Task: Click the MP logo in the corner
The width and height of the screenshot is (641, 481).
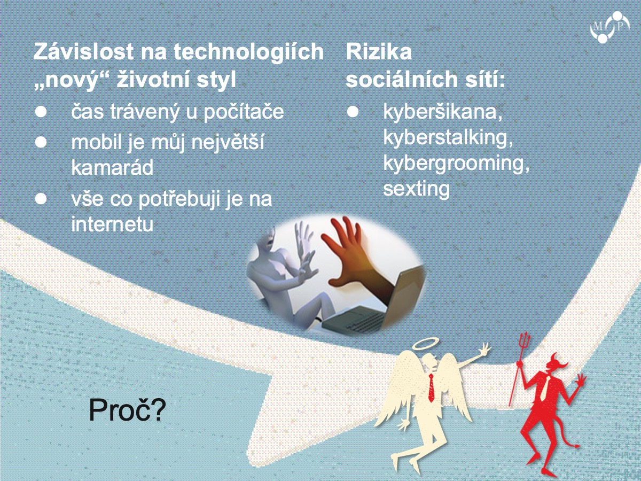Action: coord(609,27)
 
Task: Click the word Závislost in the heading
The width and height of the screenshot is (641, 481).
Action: coord(84,52)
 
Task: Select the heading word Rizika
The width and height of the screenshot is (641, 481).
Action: coord(379,52)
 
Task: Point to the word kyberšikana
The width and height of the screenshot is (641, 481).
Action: coord(443,112)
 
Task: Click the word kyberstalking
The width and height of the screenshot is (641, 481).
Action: coord(448,138)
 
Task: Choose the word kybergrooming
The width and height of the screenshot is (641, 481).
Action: coord(456,164)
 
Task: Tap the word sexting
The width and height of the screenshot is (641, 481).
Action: coord(417,189)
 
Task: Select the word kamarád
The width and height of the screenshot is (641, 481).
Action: coord(112,168)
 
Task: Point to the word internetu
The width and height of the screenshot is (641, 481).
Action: coord(112,224)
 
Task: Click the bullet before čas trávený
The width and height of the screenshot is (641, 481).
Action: coord(41,112)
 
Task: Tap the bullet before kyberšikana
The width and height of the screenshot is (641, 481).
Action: coord(353,112)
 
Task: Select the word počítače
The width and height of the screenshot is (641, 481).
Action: coord(244,112)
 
